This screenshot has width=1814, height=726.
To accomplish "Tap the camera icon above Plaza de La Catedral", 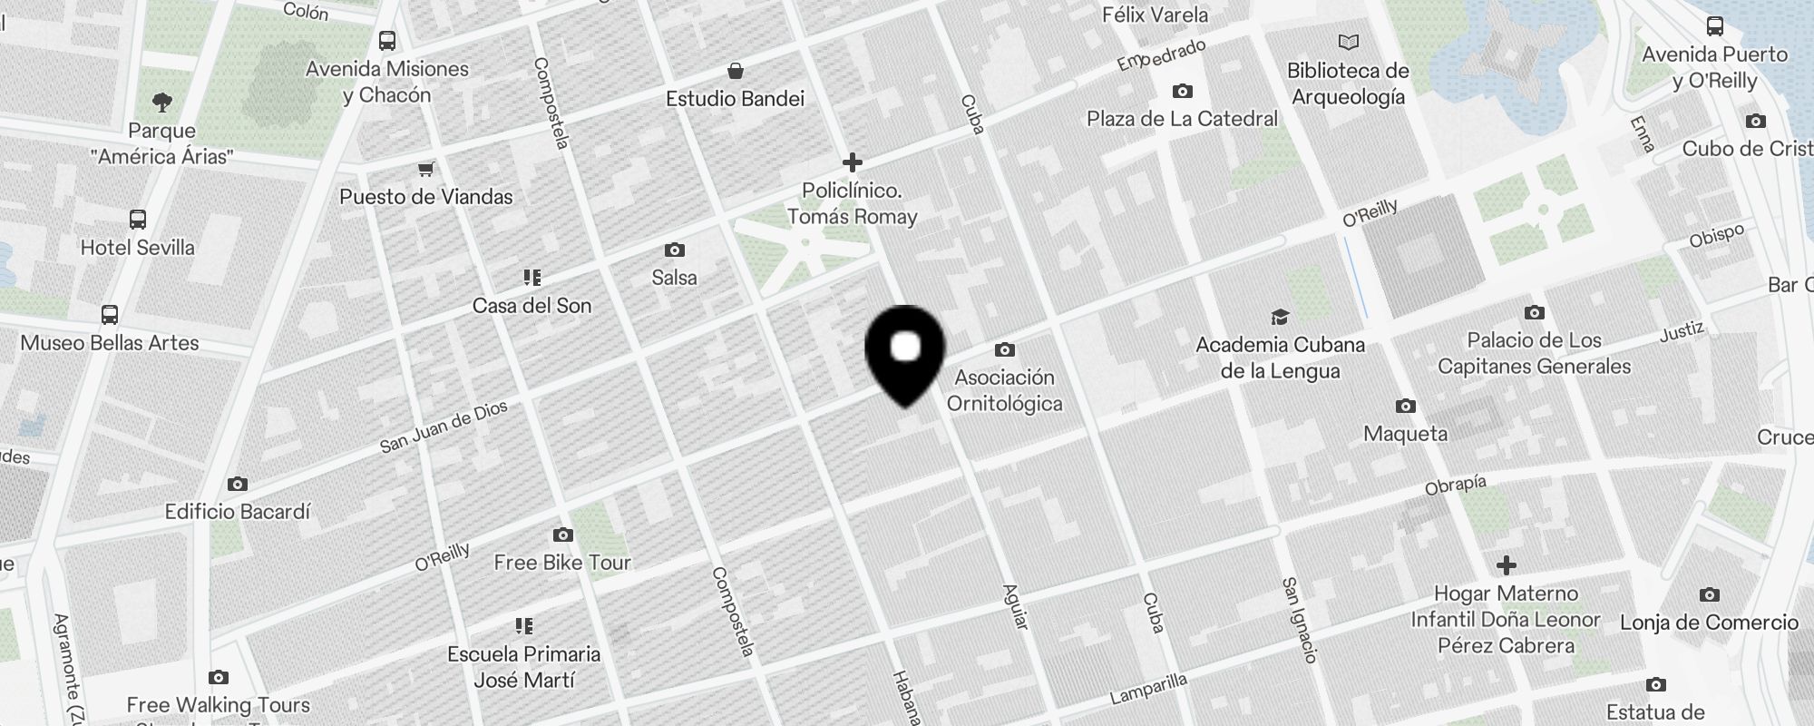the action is click(1182, 91).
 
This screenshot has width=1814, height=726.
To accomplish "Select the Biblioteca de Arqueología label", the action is click(1348, 83).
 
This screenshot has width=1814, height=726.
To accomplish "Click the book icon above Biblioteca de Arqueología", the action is click(1349, 42).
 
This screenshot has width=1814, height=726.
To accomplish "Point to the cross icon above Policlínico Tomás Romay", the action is click(852, 162).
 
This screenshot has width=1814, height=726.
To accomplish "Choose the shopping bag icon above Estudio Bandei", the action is click(736, 71).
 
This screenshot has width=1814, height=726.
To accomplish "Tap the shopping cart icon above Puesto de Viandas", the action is click(425, 169).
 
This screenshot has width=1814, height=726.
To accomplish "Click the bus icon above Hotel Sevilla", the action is click(138, 219).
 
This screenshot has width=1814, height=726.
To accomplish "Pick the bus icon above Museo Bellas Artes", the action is click(110, 315).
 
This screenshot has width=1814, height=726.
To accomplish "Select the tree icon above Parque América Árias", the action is click(162, 102).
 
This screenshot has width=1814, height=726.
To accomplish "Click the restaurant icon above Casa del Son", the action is click(532, 277).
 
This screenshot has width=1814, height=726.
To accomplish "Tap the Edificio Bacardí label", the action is click(238, 512).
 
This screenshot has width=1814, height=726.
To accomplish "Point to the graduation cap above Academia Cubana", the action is click(1280, 317).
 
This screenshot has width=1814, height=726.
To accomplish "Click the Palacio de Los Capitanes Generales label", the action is click(1534, 353).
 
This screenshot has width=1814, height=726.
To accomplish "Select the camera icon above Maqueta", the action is click(1405, 406).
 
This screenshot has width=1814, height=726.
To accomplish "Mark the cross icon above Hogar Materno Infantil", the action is click(1506, 565).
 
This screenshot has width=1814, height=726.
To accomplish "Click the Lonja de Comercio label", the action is click(1709, 623).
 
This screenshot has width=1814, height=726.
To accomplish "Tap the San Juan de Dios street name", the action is click(444, 427).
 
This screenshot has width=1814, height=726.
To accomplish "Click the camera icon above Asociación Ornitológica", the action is click(1004, 350).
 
